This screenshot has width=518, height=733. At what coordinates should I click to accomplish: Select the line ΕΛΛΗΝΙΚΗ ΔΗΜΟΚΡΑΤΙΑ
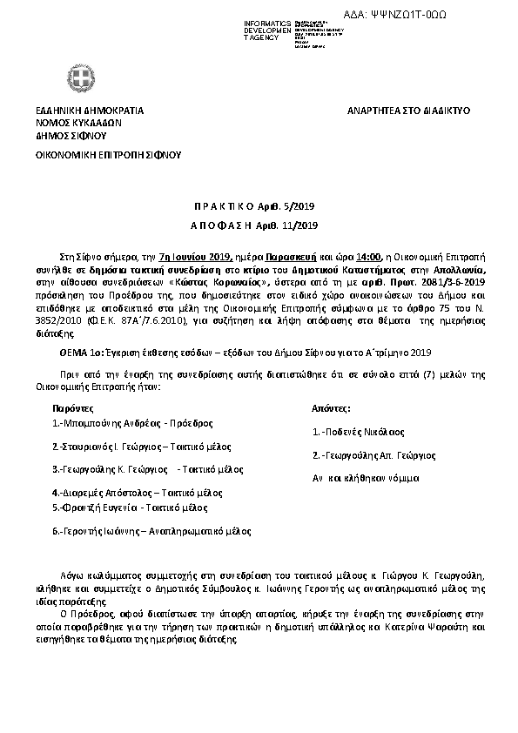coord(90,111)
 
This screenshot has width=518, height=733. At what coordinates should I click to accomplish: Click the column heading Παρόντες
coord(71,407)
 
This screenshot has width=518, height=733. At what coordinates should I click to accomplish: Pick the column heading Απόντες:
coord(331,407)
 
